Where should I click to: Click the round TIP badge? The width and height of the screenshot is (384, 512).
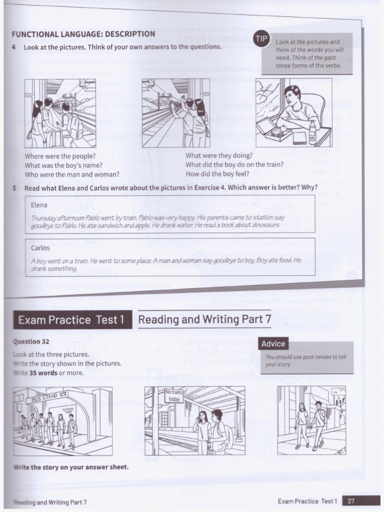261,38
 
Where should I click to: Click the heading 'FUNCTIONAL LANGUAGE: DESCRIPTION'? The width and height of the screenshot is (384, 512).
83,34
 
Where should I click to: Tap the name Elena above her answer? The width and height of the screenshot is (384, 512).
39,205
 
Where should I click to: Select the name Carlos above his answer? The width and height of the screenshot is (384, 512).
40,248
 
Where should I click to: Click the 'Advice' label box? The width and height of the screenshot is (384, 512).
273,343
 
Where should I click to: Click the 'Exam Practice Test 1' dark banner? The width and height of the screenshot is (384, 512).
72,320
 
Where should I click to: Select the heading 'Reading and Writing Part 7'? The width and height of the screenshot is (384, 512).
204,319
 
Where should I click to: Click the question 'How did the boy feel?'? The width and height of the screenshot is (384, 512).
217,174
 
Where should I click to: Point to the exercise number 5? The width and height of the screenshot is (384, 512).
14,188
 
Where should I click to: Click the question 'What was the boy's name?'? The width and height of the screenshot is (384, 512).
63,165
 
